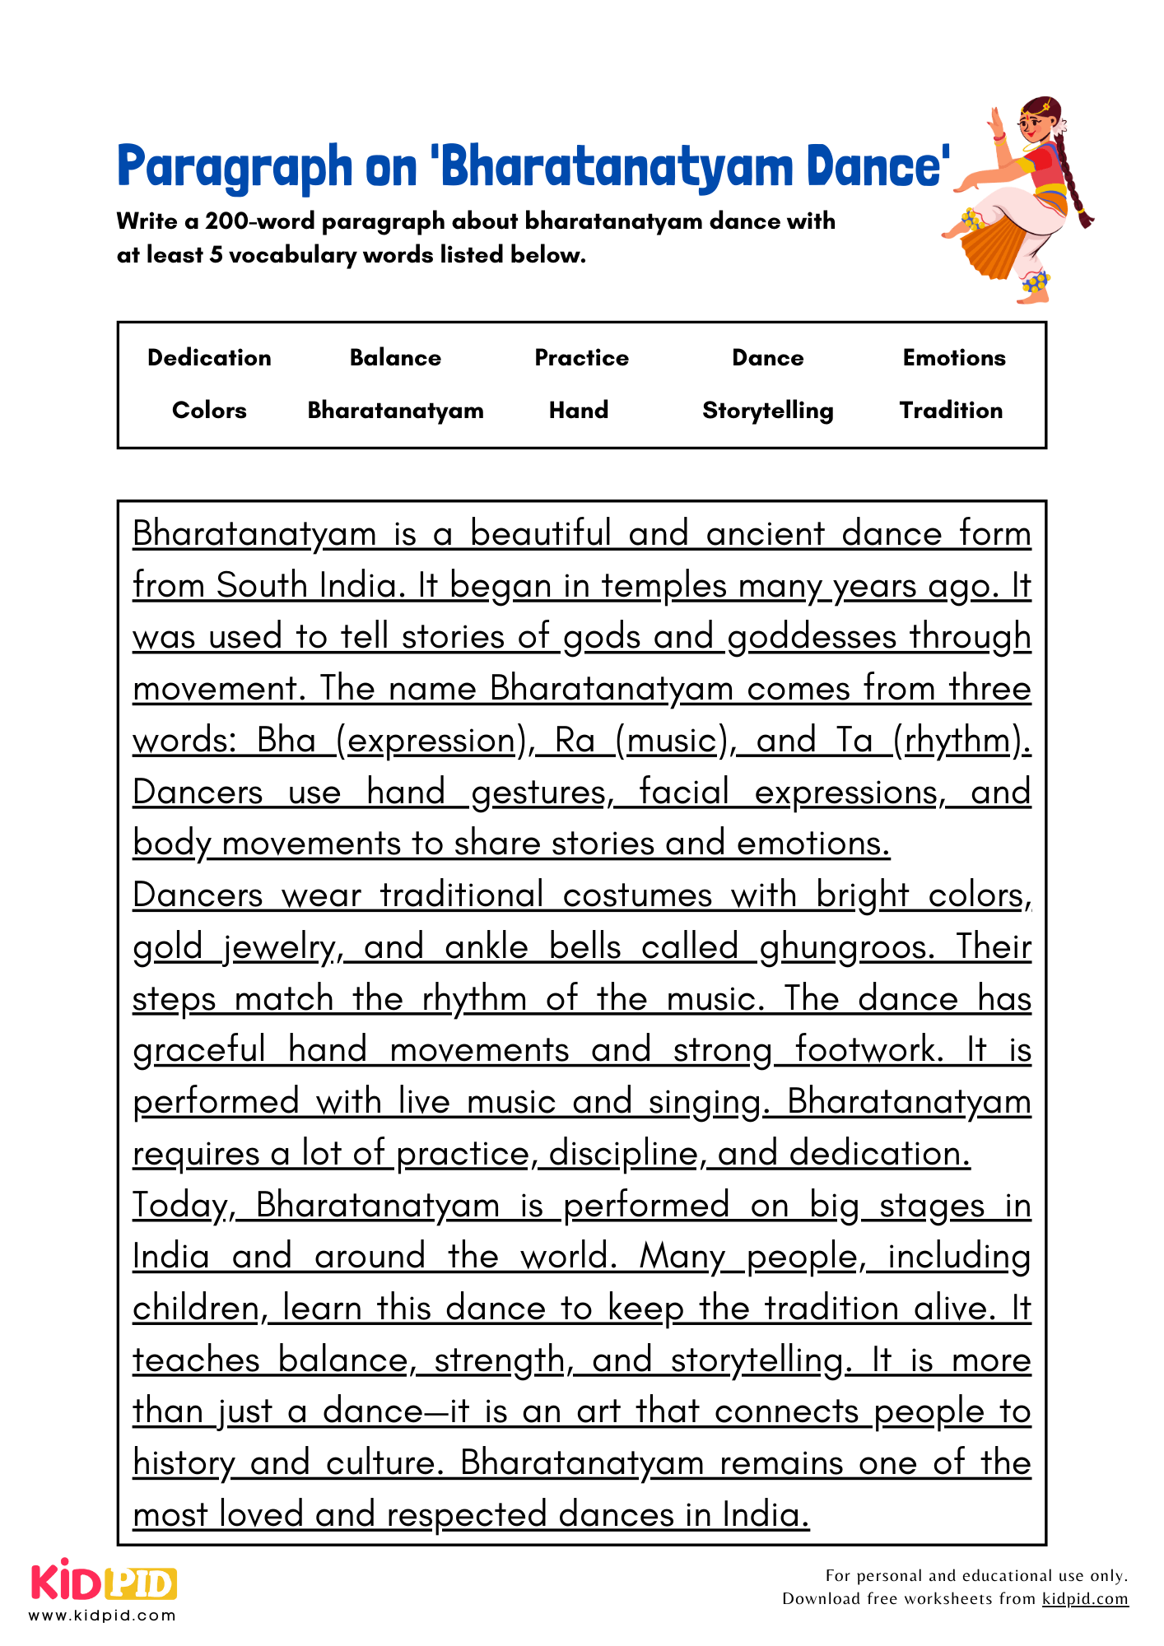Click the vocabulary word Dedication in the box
209,358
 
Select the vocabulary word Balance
395,358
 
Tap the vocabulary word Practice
581,358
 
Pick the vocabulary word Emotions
953,358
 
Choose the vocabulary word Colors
209,411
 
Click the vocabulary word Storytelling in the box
767,411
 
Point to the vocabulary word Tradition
951,411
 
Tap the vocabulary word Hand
579,411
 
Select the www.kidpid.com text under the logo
102,1616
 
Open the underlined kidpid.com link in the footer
1084,1599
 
